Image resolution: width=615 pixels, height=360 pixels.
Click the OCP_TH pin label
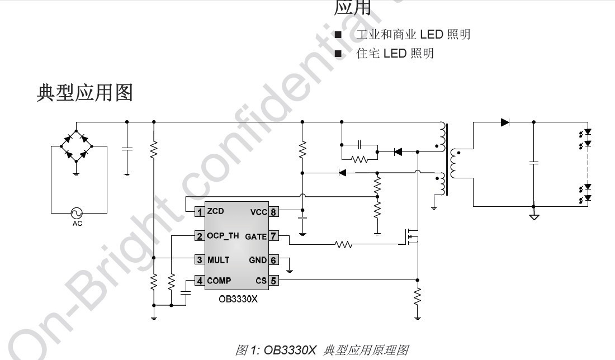223,236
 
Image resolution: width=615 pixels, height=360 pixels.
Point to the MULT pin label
218,259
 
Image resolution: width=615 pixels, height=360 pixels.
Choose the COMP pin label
219,281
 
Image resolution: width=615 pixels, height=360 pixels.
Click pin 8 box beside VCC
273,212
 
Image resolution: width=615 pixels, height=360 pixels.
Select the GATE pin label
256,236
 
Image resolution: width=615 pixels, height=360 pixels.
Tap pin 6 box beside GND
273,260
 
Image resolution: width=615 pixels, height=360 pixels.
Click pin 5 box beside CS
273,281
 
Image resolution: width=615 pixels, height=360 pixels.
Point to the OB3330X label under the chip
238,299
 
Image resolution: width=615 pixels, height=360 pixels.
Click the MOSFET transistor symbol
413,237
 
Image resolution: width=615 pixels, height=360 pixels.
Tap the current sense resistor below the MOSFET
417,296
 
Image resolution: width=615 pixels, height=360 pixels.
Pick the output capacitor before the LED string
533,163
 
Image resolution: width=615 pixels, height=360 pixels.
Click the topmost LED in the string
587,133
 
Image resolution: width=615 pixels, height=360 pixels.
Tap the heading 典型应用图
84,92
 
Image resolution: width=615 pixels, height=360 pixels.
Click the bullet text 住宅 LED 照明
395,54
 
